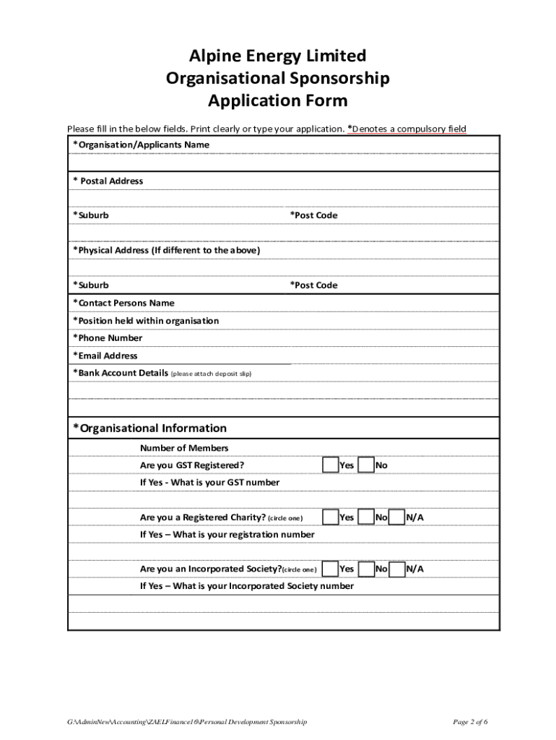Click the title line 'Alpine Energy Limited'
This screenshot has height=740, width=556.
pyautogui.click(x=277, y=56)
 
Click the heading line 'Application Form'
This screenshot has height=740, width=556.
pyautogui.click(x=277, y=100)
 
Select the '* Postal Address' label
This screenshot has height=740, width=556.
pyautogui.click(x=108, y=181)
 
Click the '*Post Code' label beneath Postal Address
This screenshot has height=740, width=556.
pyautogui.click(x=313, y=215)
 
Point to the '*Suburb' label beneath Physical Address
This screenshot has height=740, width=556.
pyautogui.click(x=90, y=285)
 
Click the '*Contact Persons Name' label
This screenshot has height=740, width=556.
pyautogui.click(x=123, y=303)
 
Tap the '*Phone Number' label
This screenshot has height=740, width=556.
pyautogui.click(x=108, y=337)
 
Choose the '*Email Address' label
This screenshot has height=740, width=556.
pyautogui.click(x=105, y=356)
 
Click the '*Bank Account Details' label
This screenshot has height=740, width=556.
pyautogui.click(x=121, y=373)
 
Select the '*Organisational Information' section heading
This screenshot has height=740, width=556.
pyautogui.click(x=149, y=428)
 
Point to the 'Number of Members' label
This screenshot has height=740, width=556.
pyautogui.click(x=184, y=448)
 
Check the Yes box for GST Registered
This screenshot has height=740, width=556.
pyautogui.click(x=330, y=465)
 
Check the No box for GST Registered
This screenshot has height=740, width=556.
pyautogui.click(x=366, y=465)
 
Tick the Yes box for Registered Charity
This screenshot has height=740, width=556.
pyautogui.click(x=330, y=517)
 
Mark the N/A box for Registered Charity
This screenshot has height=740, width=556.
pyautogui.click(x=396, y=517)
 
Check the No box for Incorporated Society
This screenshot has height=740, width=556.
pyautogui.click(x=366, y=569)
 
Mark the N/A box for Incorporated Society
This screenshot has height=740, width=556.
pyautogui.click(x=396, y=569)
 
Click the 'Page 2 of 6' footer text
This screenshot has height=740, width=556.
pyautogui.click(x=470, y=722)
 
